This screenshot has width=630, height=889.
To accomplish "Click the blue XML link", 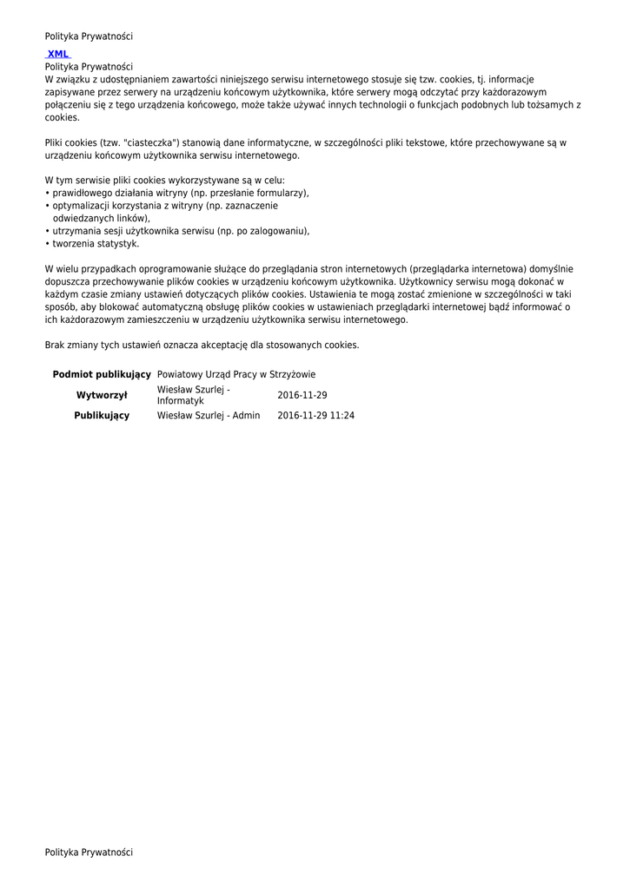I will click(58, 54).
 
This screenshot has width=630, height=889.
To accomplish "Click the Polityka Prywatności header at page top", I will click(89, 36).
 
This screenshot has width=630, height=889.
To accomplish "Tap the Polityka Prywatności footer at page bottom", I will click(89, 853).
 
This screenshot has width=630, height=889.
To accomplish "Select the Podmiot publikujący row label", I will click(102, 374).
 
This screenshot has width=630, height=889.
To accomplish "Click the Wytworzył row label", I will click(102, 395).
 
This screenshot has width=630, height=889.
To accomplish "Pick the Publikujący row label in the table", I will click(102, 416).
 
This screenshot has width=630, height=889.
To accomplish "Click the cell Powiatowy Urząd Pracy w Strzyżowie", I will click(235, 374).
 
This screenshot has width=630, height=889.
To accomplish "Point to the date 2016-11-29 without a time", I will click(302, 395).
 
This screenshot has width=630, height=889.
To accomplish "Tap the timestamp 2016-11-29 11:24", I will click(315, 416).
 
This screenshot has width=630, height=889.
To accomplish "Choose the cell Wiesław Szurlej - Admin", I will click(208, 416).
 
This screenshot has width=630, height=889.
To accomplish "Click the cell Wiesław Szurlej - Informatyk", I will click(193, 395).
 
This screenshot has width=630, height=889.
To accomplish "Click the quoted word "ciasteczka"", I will click(152, 142).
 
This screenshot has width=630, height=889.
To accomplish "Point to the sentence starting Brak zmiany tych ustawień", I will click(202, 345).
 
